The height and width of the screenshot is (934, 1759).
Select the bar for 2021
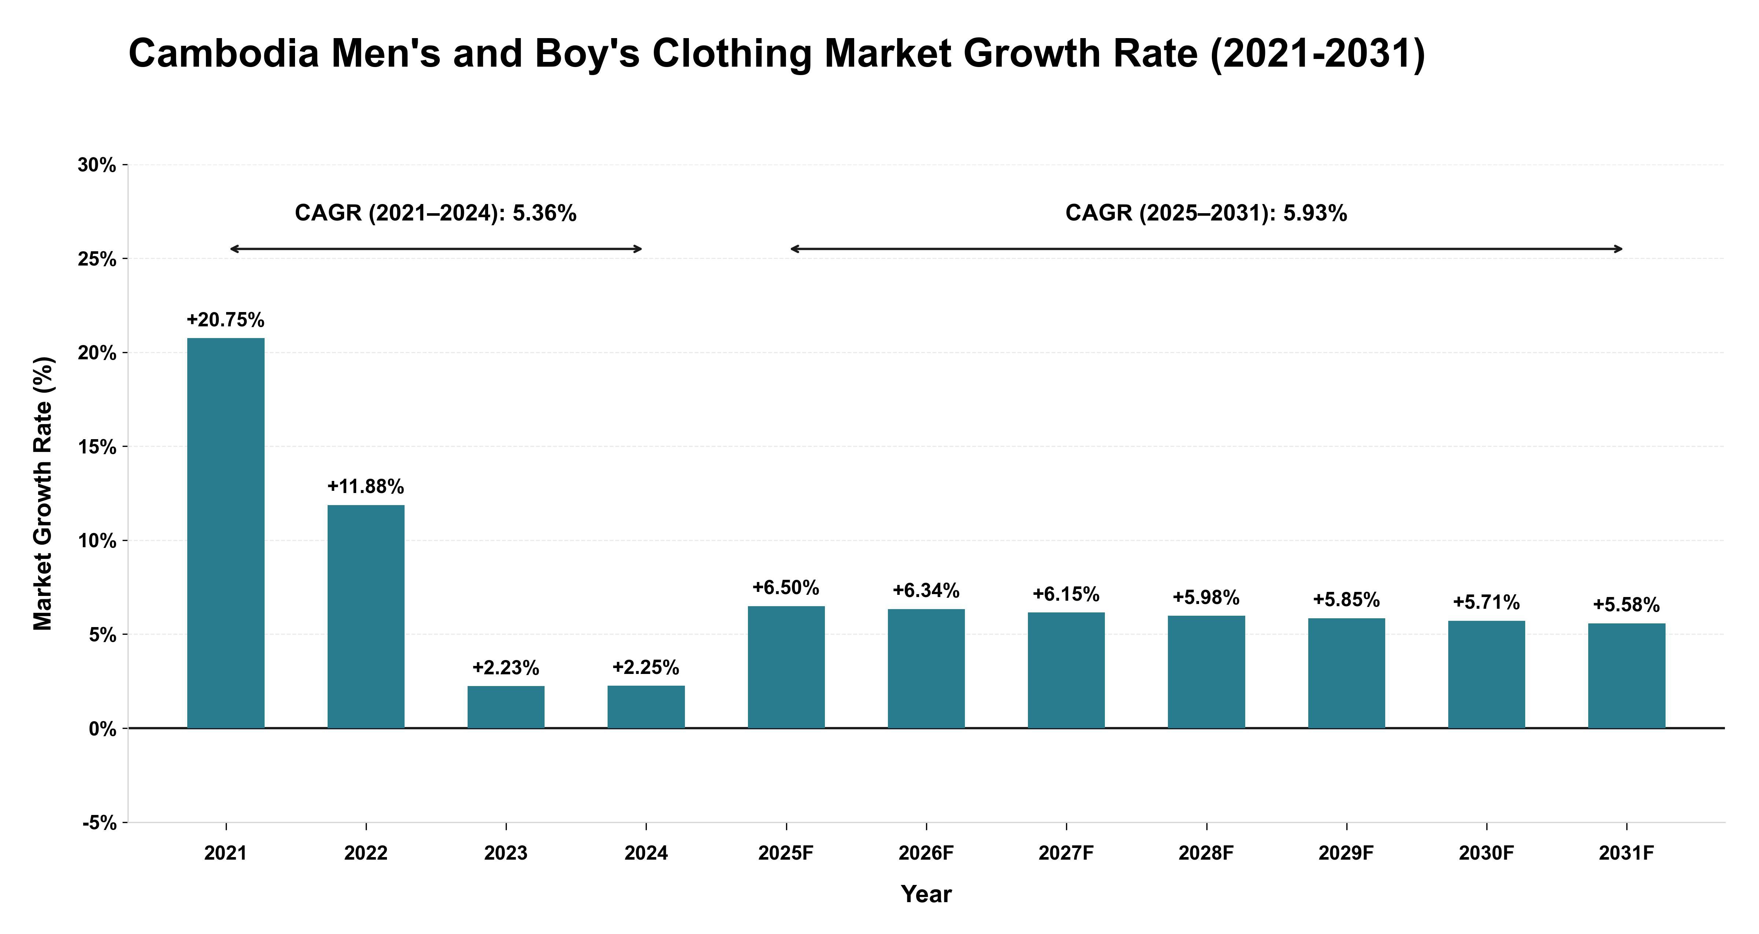226,533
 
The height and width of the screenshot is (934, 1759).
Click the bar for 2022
366,616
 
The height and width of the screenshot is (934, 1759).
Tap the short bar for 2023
506,707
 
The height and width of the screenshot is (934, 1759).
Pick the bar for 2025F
786,667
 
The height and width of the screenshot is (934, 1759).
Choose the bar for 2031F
1627,676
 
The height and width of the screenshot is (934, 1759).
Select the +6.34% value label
926,590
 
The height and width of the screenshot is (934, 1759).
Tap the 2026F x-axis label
926,853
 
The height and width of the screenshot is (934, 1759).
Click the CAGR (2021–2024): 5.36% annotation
436,214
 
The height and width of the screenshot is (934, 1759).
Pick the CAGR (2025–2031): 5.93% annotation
1206,214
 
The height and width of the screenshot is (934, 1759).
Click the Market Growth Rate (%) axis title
43,493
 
